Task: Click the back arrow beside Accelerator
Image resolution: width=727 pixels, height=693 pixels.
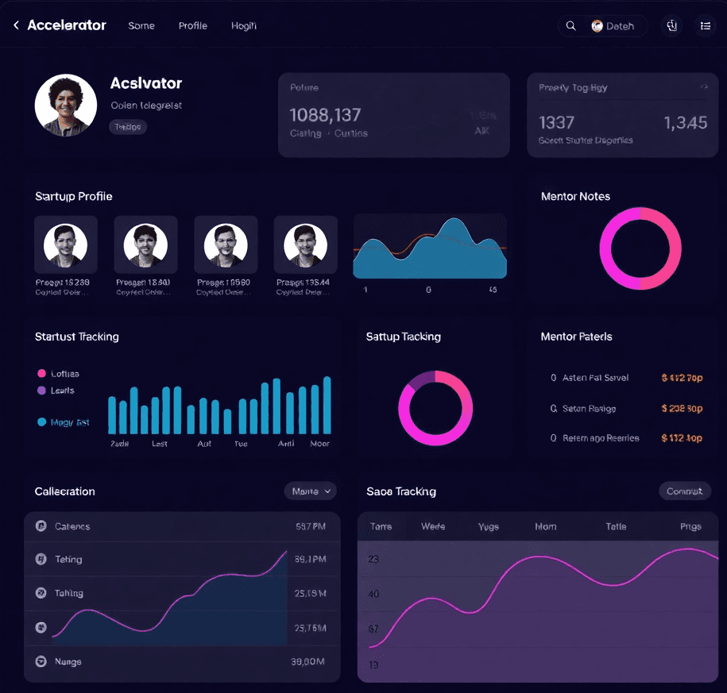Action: pos(16,25)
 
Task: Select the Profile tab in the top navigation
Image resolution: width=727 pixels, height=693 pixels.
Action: pos(192,25)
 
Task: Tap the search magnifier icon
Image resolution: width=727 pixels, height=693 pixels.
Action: pos(570,26)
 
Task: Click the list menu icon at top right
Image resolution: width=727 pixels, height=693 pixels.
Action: pos(705,26)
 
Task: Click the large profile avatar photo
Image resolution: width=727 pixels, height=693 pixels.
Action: pos(66,106)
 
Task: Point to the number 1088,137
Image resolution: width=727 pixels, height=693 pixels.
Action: pos(325,115)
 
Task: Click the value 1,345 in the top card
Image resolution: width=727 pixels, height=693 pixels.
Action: pos(685,122)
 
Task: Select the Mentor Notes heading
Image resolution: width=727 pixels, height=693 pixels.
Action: pos(575,196)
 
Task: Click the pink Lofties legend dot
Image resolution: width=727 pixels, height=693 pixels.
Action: pos(41,373)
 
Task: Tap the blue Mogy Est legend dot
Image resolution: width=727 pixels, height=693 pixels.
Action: pos(41,422)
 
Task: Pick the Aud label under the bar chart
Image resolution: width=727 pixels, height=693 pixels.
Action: pos(204,444)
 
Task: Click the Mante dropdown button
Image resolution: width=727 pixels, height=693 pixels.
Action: pos(310,491)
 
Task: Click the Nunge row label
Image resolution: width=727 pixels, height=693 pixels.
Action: pos(68,661)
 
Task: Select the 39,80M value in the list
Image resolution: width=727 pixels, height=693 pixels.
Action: pos(310,661)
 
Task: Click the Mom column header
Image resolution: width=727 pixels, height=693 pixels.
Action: pos(545,526)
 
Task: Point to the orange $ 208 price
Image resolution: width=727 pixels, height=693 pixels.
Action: pos(682,409)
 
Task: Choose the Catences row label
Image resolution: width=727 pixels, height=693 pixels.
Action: pos(72,526)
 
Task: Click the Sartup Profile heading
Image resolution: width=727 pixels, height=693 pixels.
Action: pos(74,196)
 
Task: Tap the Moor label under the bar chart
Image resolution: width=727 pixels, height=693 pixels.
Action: pos(319,444)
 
